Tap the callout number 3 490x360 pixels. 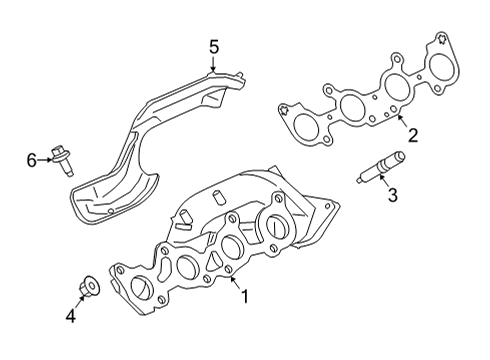pyautogui.click(x=392, y=195)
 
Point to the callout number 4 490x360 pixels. pyautogui.click(x=70, y=318)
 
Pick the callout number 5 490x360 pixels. pyautogui.click(x=213, y=45)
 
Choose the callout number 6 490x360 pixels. pyautogui.click(x=31, y=159)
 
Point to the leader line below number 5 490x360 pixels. pyautogui.click(x=213, y=63)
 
